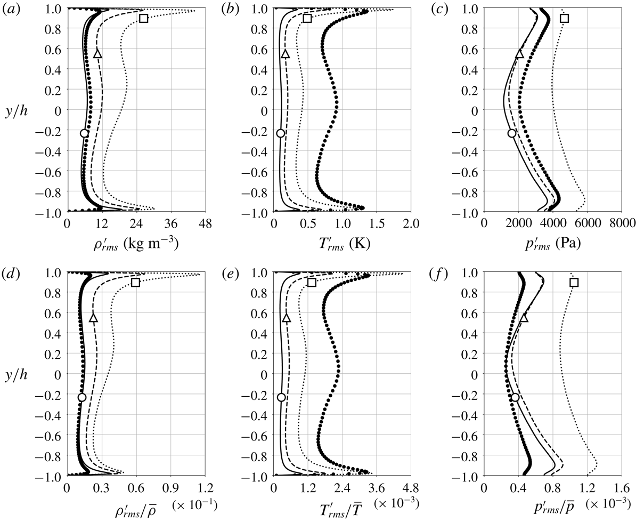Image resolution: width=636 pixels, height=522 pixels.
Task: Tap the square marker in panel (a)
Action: click(x=143, y=19)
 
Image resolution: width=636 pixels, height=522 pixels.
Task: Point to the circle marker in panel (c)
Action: click(x=512, y=133)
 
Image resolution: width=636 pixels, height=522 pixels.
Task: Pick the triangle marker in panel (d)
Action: click(x=94, y=318)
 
